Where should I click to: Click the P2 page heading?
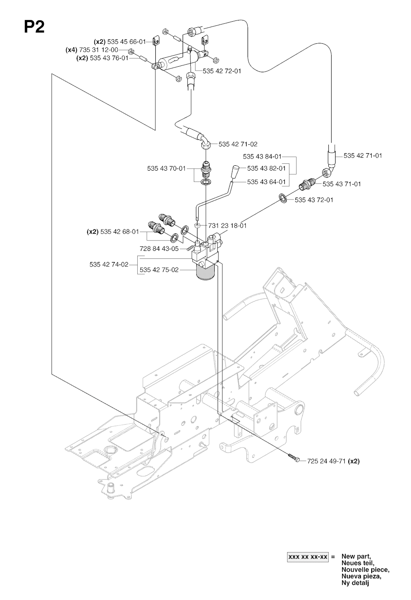click(34, 27)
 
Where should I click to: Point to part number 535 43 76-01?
click(108, 58)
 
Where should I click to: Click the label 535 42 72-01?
click(222, 71)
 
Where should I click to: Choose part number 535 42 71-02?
click(238, 144)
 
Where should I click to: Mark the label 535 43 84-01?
click(262, 157)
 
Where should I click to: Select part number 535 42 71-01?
click(363, 155)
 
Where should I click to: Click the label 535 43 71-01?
click(342, 184)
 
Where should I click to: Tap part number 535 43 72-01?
click(314, 199)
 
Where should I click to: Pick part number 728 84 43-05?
click(159, 249)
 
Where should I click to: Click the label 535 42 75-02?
click(159, 270)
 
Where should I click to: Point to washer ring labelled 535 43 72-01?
click(282, 198)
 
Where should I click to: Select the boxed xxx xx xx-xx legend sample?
click(307, 557)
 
